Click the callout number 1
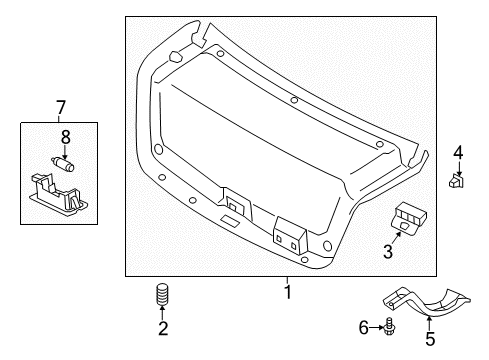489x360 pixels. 287,293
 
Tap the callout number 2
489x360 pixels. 162,328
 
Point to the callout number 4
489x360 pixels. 457,153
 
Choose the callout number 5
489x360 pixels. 429,338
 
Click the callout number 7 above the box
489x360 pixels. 59,107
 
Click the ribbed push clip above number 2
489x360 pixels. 160,298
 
